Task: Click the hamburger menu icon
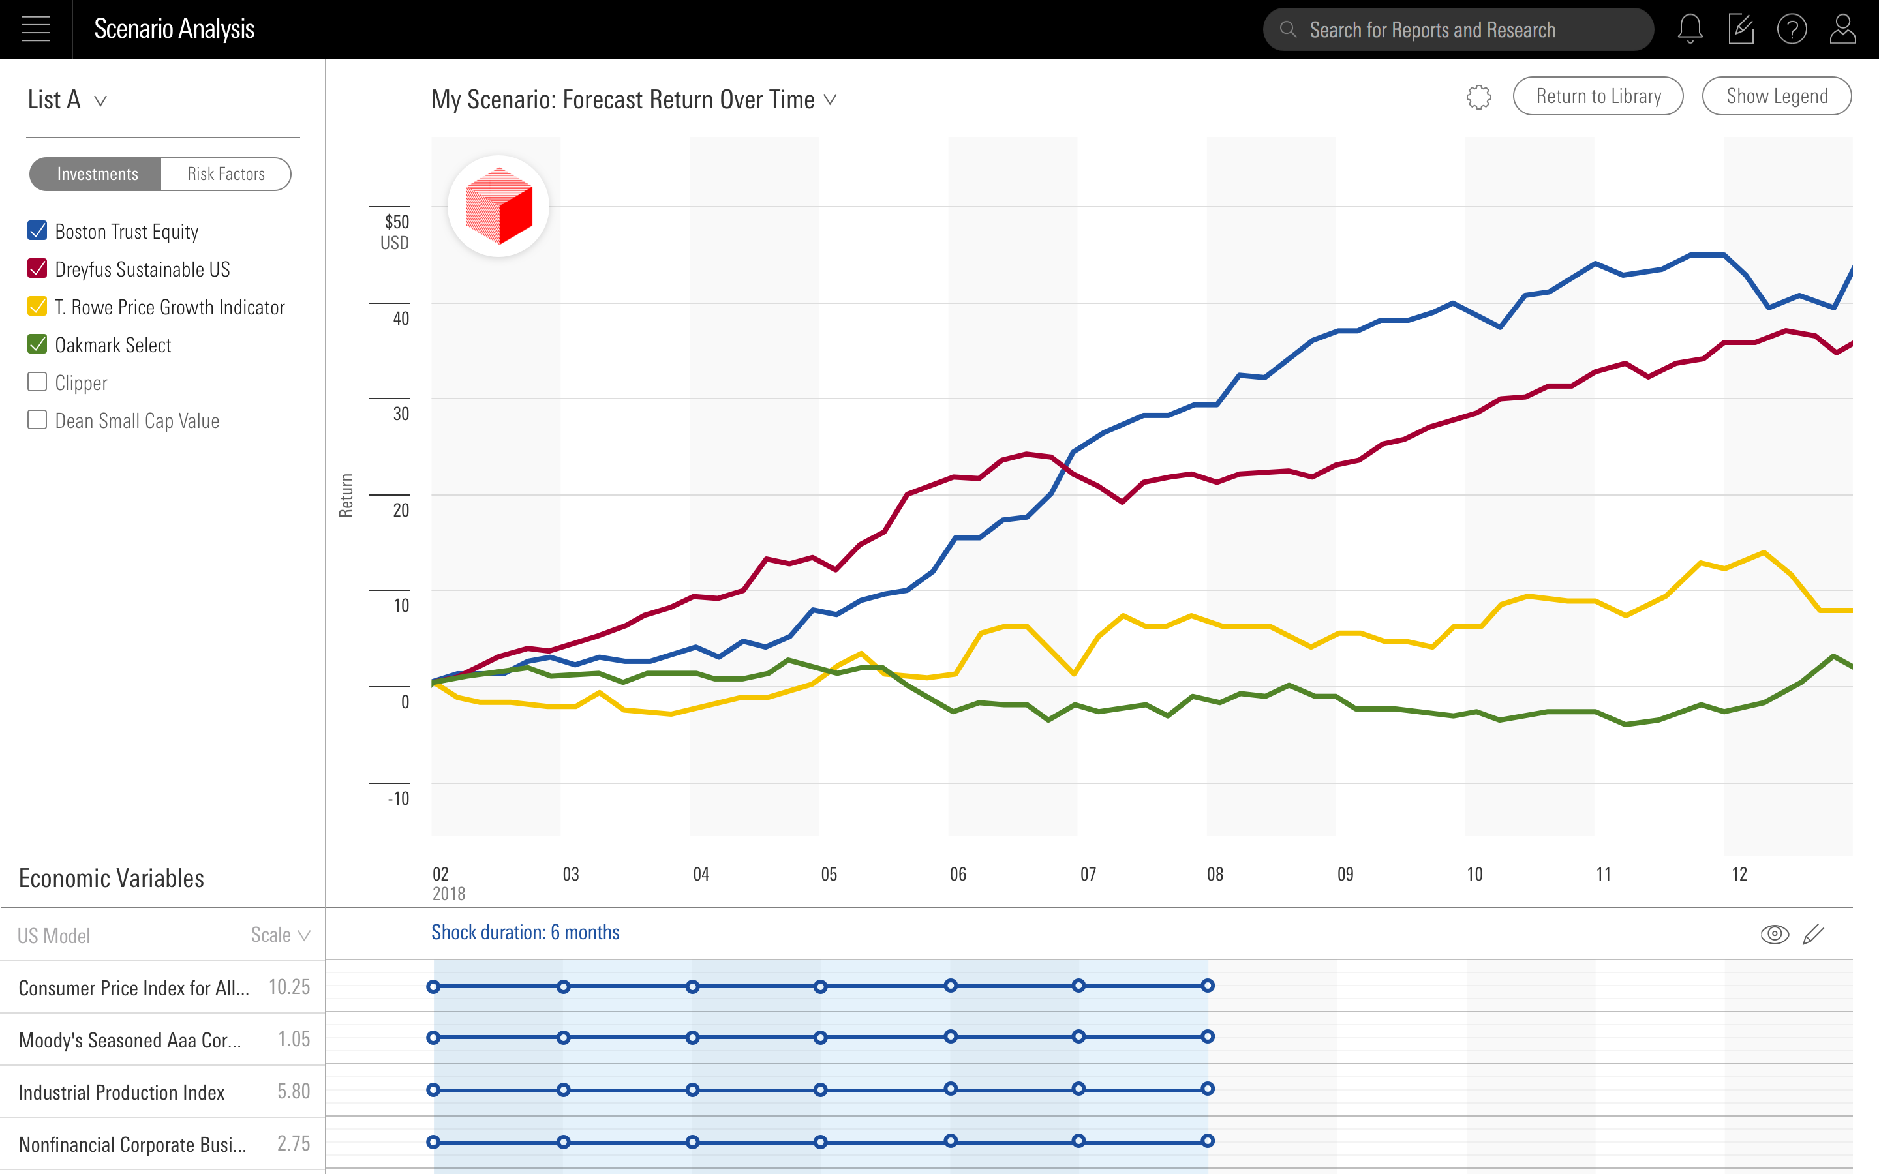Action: [x=36, y=29]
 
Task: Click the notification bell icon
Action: [x=1690, y=29]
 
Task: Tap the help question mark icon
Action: [x=1792, y=29]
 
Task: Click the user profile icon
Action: [x=1842, y=29]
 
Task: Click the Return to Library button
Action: [x=1597, y=97]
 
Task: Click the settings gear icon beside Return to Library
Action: [x=1478, y=97]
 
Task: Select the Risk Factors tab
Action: [x=226, y=174]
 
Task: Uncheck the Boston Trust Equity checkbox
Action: [x=37, y=231]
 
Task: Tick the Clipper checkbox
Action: [x=37, y=382]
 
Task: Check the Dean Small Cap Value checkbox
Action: [x=37, y=420]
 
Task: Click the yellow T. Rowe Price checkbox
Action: [x=37, y=307]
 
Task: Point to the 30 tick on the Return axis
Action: [x=400, y=413]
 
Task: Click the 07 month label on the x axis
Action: [x=1088, y=874]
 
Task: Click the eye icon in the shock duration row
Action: [x=1774, y=934]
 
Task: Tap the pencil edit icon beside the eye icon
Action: [x=1813, y=934]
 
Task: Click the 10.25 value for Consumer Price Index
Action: [x=289, y=987]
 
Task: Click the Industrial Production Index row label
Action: [x=122, y=1092]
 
